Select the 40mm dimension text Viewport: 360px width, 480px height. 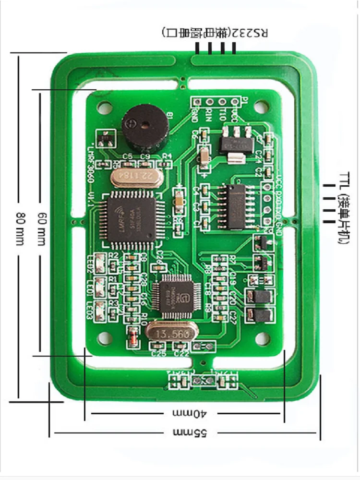coord(189,413)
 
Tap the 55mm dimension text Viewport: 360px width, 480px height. coord(190,432)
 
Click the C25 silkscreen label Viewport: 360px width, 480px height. coord(158,354)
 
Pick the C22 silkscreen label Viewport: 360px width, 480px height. coord(181,354)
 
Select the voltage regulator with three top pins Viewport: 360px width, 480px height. coord(234,140)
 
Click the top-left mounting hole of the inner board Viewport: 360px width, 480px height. coord(103,107)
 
